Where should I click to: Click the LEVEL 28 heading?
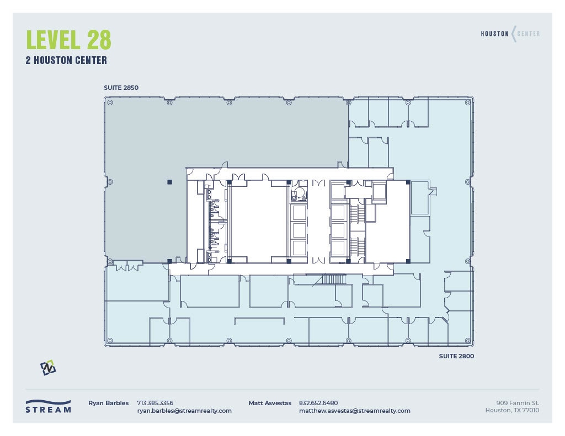pos(68,40)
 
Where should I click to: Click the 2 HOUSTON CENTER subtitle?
pos(66,61)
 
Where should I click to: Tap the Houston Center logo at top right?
pos(510,34)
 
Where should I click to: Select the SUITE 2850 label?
pos(121,88)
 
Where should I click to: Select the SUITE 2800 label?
pos(456,356)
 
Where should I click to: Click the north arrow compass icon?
pos(48,368)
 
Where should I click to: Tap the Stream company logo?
pos(48,406)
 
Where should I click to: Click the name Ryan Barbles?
pos(108,403)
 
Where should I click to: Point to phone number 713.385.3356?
pos(155,403)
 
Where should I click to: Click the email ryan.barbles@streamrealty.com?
pos(184,411)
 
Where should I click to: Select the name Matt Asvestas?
pos(270,403)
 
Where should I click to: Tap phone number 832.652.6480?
pos(318,403)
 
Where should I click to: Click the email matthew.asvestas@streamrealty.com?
pos(354,411)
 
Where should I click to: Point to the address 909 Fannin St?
pos(518,403)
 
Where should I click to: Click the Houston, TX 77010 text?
pos(512,411)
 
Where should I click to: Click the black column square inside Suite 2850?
pos(170,181)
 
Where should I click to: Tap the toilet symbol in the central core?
pos(299,193)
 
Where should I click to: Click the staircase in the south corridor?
pos(333,279)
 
